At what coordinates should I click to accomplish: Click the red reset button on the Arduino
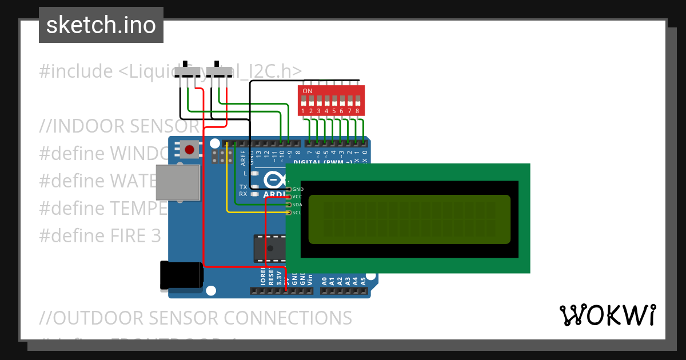tap(190, 150)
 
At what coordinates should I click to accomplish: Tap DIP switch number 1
tap(303, 102)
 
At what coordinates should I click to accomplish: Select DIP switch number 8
tap(357, 102)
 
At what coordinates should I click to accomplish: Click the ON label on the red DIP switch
tap(308, 91)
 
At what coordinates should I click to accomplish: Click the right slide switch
tap(220, 71)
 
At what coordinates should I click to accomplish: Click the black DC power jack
tap(181, 275)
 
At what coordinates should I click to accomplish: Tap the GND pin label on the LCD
tap(298, 189)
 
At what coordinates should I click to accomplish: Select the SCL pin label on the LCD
tap(297, 213)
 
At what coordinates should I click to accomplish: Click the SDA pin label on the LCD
tap(297, 205)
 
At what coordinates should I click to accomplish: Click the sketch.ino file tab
tap(101, 25)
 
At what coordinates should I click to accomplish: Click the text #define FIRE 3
tap(100, 235)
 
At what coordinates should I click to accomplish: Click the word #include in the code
tap(76, 71)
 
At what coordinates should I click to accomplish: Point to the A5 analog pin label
tap(362, 281)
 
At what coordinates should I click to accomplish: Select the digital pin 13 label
tap(258, 153)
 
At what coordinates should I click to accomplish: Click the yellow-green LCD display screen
tap(409, 219)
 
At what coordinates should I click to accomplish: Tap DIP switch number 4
tap(326, 102)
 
